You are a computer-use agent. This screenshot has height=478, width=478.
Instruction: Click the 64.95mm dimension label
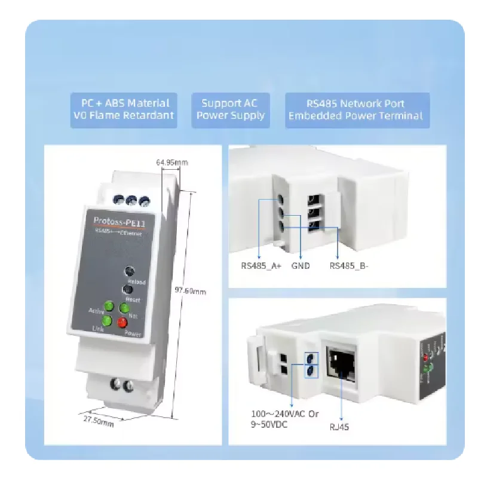(x=172, y=162)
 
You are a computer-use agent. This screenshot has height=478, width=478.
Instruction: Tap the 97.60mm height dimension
(x=191, y=292)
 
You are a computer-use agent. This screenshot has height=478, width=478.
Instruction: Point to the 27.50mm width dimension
(x=98, y=421)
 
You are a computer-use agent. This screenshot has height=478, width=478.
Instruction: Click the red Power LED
(x=122, y=323)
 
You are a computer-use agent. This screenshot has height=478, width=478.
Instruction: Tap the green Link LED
(x=107, y=321)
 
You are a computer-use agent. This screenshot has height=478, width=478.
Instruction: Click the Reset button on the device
(x=127, y=290)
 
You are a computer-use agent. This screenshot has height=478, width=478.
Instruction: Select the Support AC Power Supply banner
(x=230, y=109)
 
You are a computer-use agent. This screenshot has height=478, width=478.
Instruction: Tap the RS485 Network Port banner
(x=356, y=109)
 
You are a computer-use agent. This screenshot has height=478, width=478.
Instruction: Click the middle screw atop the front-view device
(x=133, y=201)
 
